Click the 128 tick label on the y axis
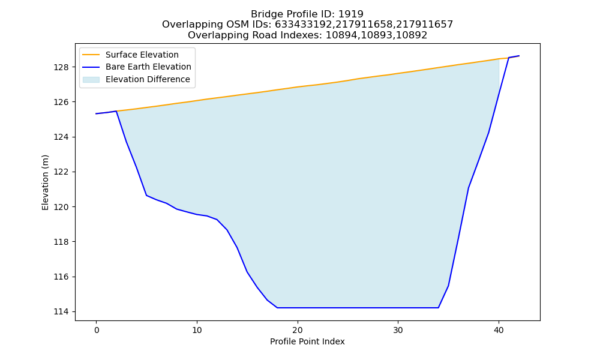click(61, 67)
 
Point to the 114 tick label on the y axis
click(61, 312)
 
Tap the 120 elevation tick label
click(61, 207)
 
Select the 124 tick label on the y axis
click(61, 137)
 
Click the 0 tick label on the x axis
click(97, 330)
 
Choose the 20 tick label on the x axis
click(298, 330)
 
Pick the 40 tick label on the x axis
click(499, 330)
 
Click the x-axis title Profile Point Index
click(307, 341)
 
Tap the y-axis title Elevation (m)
click(45, 182)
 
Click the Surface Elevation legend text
click(142, 55)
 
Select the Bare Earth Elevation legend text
click(148, 67)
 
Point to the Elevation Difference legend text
click(148, 79)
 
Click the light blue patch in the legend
click(91, 80)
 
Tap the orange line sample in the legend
click(91, 55)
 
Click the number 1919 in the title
click(351, 14)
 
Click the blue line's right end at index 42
click(519, 56)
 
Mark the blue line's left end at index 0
click(96, 113)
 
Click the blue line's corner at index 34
click(438, 308)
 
